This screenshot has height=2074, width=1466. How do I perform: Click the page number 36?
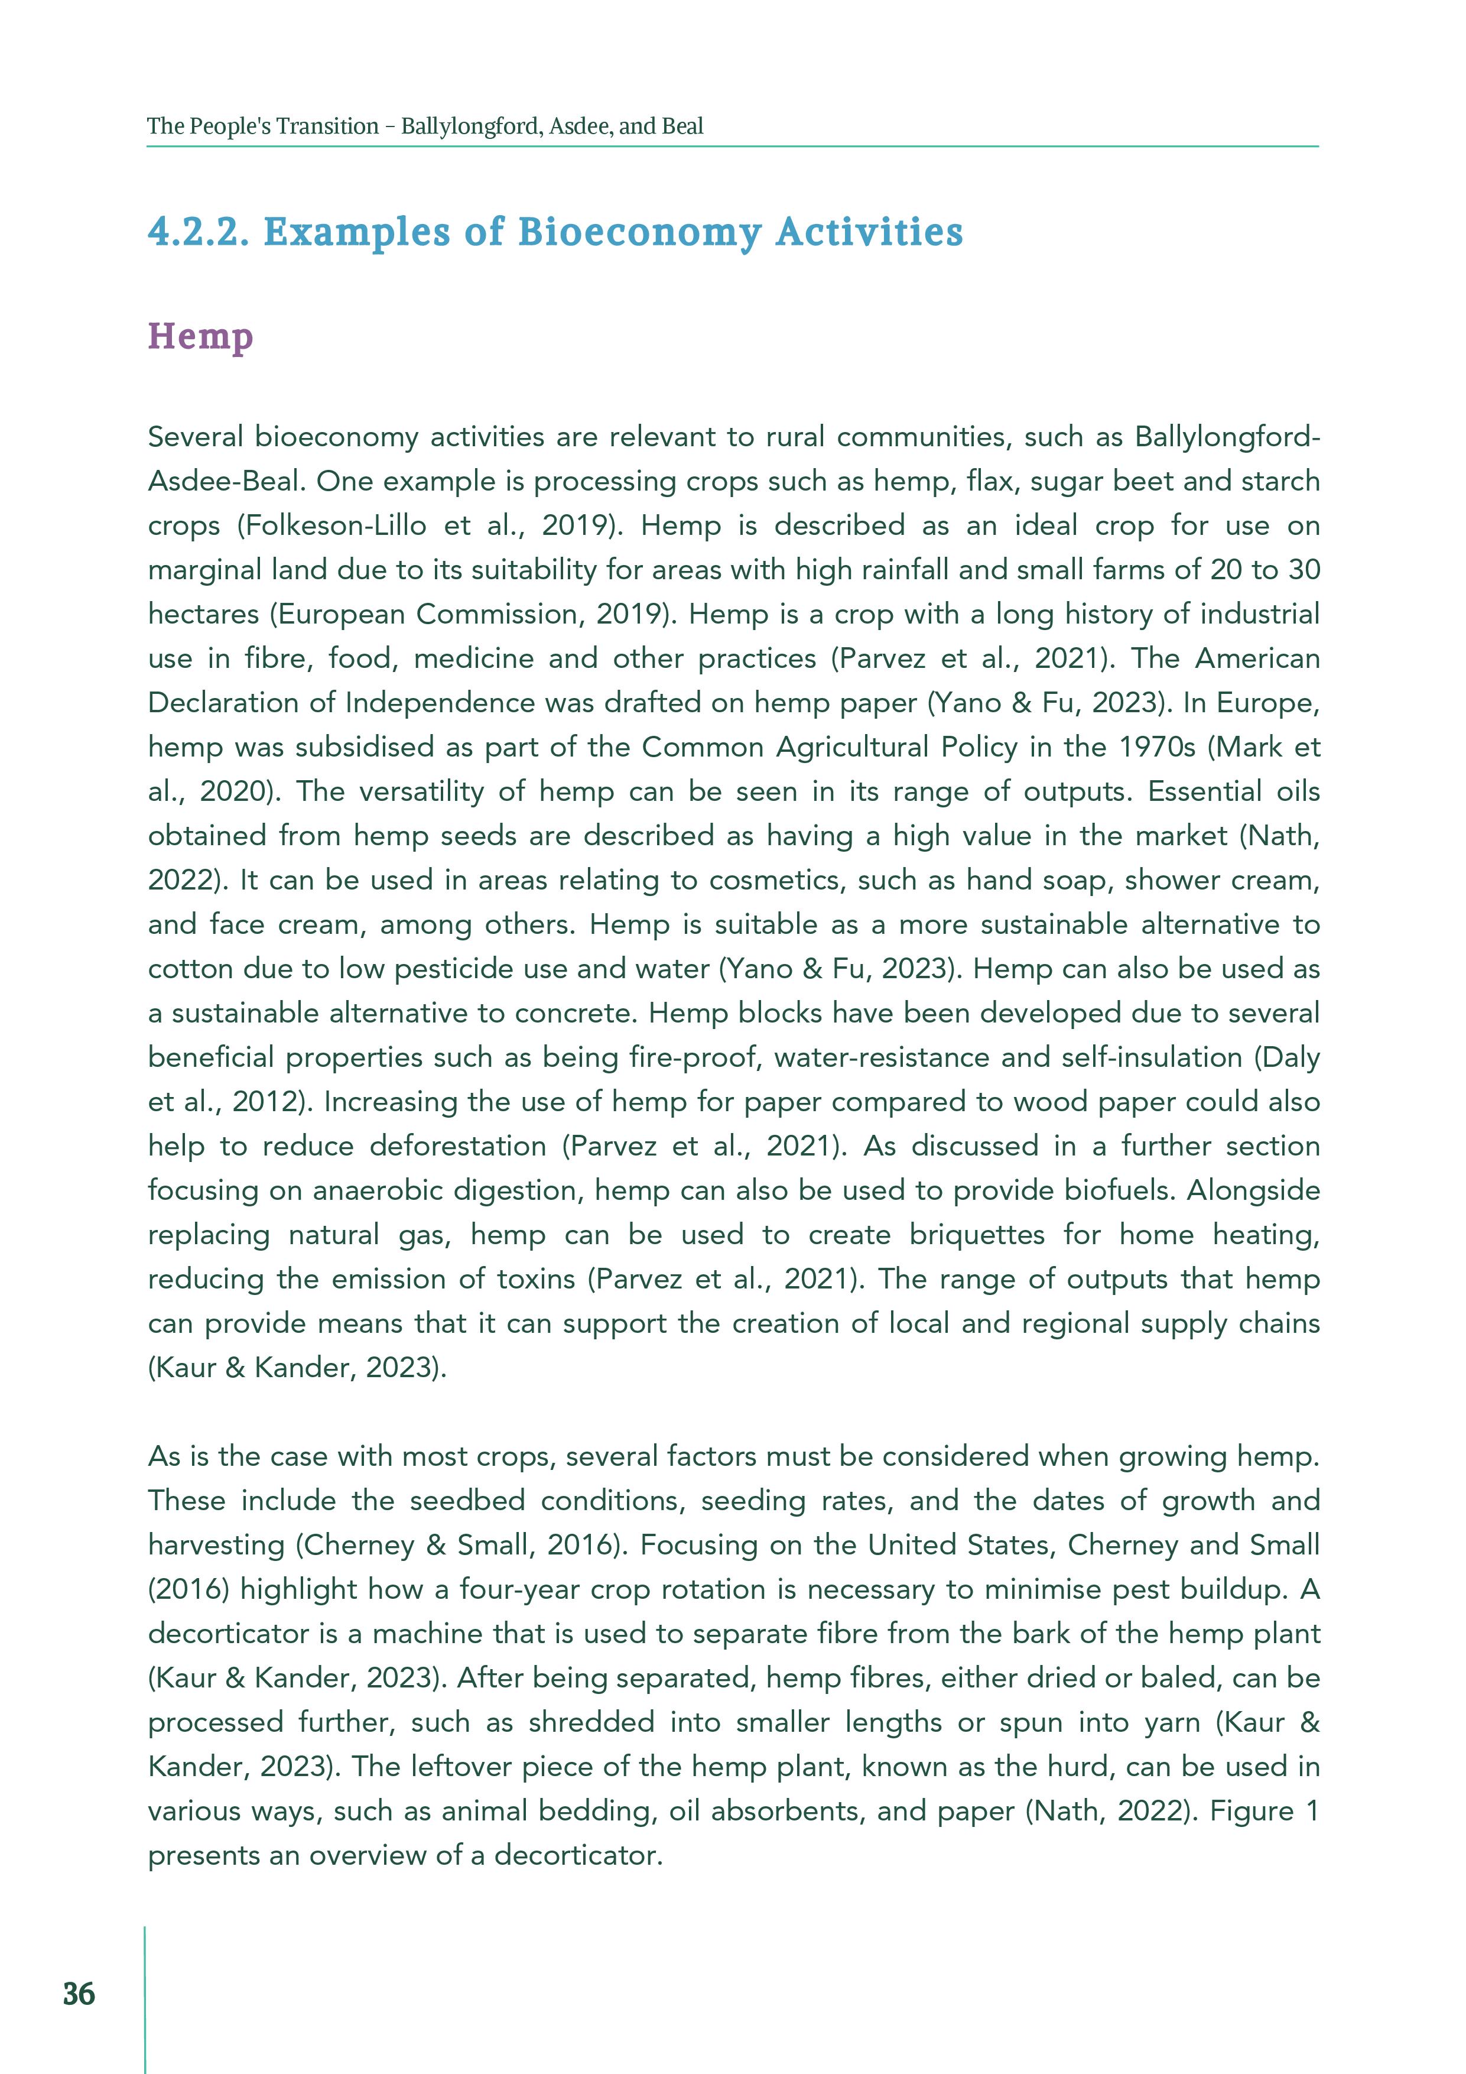pos(79,1992)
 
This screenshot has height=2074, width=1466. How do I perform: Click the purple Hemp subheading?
pos(200,337)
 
